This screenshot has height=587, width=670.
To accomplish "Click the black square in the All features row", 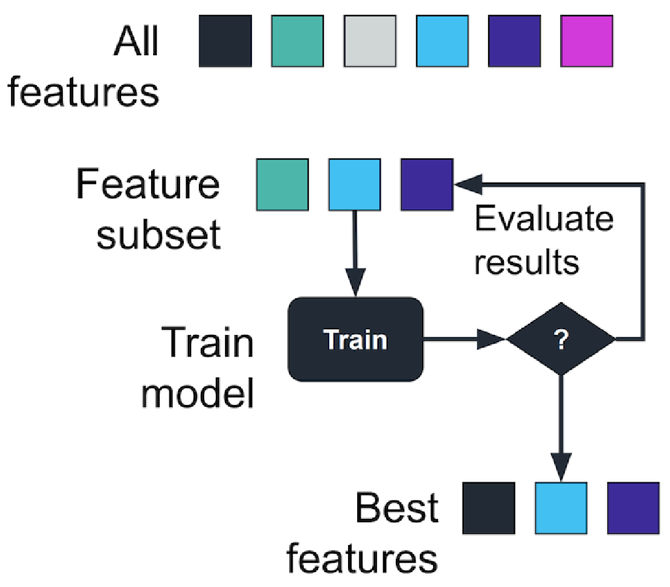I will [225, 42].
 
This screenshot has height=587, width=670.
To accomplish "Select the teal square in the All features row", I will [298, 42].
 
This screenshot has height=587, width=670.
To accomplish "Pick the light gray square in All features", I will [370, 42].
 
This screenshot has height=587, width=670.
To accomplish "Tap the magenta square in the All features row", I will [587, 42].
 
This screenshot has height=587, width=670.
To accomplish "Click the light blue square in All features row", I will [442, 42].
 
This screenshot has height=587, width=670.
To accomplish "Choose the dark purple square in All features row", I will [514, 42].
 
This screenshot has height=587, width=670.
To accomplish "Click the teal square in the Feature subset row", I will [282, 185].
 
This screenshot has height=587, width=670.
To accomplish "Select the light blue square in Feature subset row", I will [355, 185].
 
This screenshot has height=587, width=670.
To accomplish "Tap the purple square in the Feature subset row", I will [427, 185].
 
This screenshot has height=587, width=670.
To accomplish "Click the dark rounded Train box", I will [355, 339].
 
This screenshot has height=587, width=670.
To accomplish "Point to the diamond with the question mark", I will [561, 340].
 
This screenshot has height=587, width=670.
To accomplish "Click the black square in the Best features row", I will [489, 508].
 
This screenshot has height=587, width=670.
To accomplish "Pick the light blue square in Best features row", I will [561, 508].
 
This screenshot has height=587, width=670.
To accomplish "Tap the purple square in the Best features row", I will [633, 508].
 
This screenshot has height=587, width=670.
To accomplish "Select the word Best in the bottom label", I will [397, 508].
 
